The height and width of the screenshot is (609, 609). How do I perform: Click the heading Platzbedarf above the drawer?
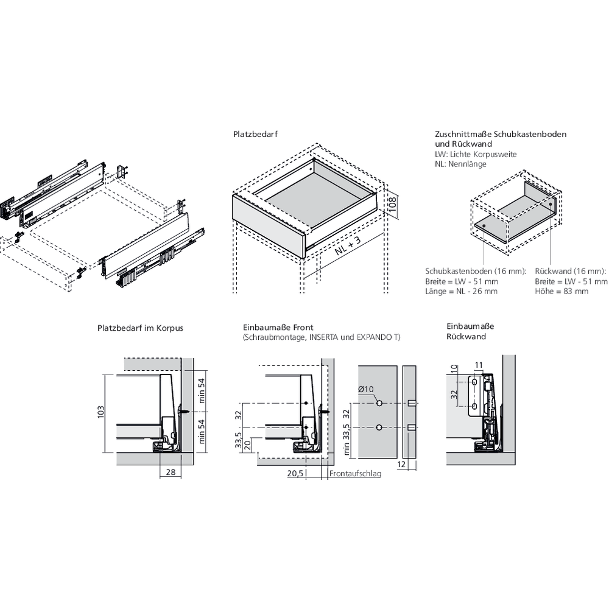(255, 135)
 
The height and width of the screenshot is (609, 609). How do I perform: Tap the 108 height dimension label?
(392, 204)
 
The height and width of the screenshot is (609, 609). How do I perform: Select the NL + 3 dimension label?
(348, 245)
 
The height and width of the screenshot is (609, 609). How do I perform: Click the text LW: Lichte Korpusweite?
(476, 154)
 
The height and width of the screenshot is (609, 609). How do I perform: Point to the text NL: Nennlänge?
(460, 164)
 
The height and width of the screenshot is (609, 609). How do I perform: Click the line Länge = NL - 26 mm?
(461, 291)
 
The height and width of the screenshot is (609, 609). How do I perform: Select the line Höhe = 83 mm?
(561, 291)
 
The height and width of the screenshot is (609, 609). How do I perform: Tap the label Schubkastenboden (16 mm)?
(476, 271)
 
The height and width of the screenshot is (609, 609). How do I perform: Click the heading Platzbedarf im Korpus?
(140, 328)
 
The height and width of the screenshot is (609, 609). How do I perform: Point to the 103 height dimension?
(101, 412)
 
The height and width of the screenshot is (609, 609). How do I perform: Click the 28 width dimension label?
(171, 473)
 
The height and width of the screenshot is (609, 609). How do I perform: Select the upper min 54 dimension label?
(202, 391)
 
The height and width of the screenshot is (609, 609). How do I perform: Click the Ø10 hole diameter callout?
(365, 389)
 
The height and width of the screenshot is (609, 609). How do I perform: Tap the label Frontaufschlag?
(356, 474)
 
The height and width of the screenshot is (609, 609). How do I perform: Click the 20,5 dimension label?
(295, 474)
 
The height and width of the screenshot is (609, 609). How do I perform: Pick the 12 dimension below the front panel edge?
(401, 465)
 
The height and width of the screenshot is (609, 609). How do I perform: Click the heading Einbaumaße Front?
(278, 328)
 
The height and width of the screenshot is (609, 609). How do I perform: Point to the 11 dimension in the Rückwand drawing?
(479, 365)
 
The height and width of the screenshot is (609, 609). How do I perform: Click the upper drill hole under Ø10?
(379, 403)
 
